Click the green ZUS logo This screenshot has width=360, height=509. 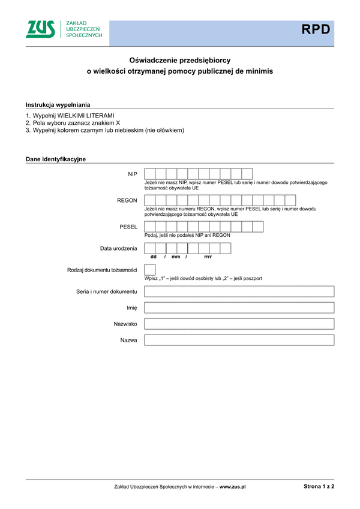click(40, 29)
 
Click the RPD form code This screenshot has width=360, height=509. click(316, 29)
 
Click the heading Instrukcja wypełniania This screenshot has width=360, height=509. click(58, 104)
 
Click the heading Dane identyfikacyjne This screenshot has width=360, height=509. click(56, 159)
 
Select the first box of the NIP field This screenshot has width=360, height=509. click(150, 174)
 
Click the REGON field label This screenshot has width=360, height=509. click(127, 200)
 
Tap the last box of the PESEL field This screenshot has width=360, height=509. click(257, 227)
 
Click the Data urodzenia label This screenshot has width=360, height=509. click(119, 248)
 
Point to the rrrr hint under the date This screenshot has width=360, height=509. click(208, 257)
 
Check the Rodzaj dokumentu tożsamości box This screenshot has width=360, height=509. click(150, 270)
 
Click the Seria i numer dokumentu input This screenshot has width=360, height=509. click(239, 291)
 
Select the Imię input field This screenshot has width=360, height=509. click(239, 308)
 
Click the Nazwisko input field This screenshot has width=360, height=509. click(239, 324)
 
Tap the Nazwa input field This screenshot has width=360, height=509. click(239, 340)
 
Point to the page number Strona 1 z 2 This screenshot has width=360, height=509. click(319, 487)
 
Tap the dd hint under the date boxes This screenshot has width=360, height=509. click(153, 257)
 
